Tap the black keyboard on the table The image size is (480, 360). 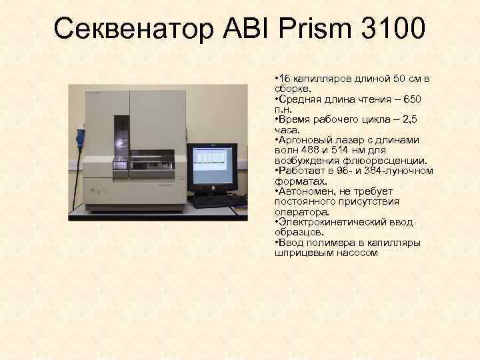(217, 200)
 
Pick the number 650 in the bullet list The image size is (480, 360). (413, 99)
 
